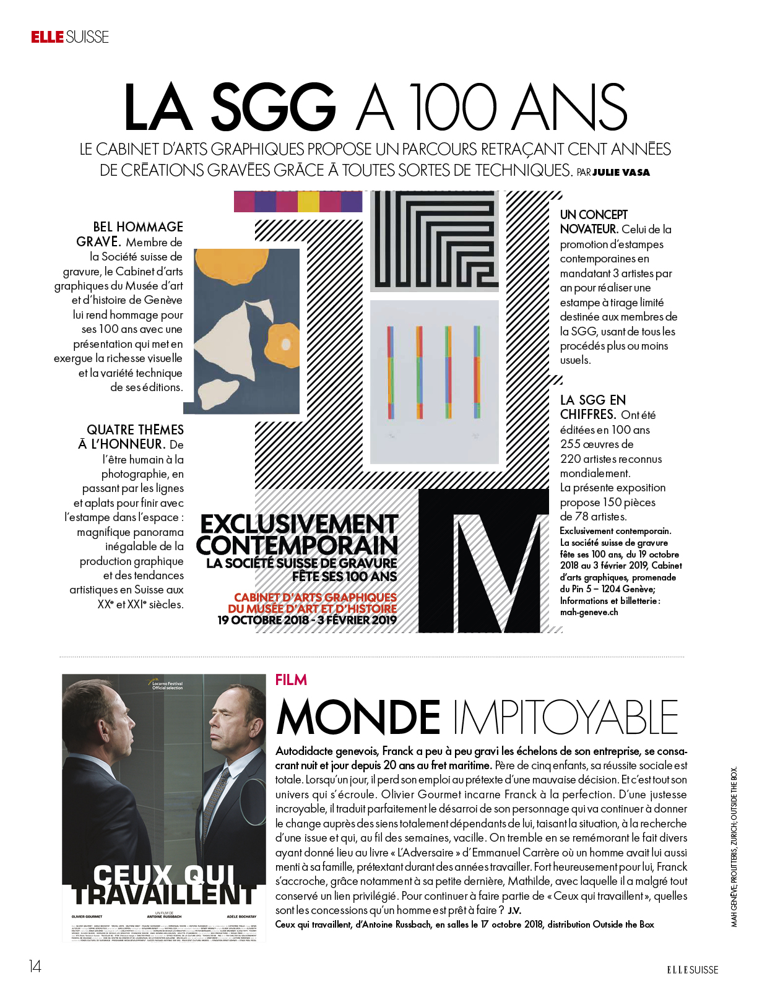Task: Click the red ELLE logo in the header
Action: (x=47, y=37)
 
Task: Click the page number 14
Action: (x=35, y=966)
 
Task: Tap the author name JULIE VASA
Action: (x=621, y=173)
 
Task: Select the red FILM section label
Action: (x=291, y=680)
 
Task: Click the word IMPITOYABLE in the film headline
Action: (x=566, y=718)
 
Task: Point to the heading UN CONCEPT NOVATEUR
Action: (x=593, y=222)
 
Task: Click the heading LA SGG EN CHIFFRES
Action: (x=592, y=407)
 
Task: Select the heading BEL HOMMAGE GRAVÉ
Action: (x=134, y=234)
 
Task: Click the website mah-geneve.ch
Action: (x=589, y=613)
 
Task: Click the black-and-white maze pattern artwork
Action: (x=434, y=241)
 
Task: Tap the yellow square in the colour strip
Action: (x=308, y=202)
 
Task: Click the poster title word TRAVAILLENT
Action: (x=164, y=895)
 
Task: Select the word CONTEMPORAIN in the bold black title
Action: (x=297, y=545)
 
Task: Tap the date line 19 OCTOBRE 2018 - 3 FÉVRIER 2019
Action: (x=307, y=620)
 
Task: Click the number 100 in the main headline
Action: (x=452, y=108)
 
